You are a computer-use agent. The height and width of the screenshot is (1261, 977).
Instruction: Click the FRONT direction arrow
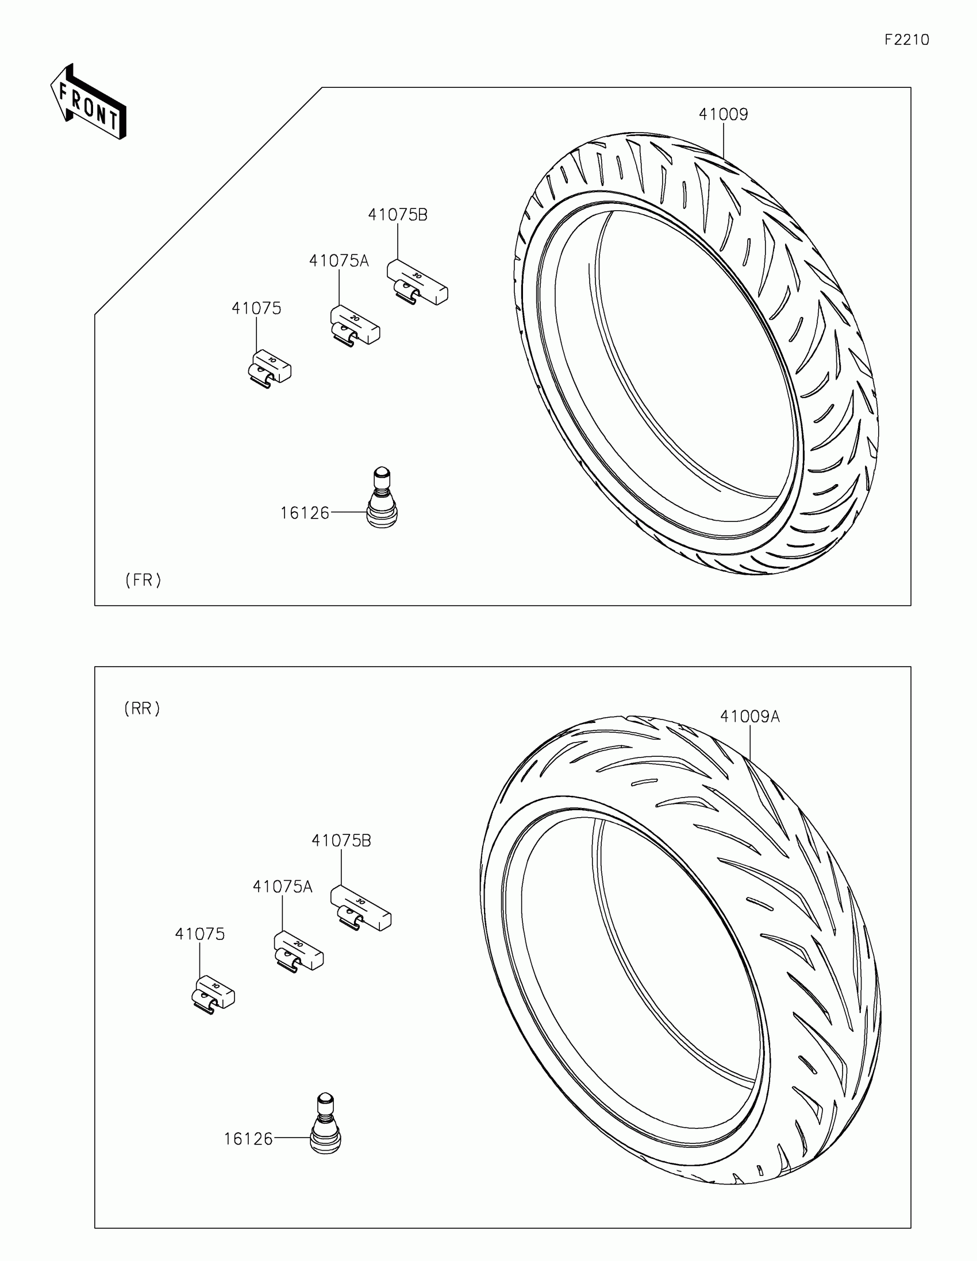point(89,102)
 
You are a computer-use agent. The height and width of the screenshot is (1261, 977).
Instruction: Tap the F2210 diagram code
point(906,40)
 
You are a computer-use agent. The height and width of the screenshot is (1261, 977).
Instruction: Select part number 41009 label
point(723,114)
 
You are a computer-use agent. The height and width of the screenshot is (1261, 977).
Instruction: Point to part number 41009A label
point(749,717)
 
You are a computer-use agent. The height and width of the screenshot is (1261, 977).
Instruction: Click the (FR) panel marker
point(143,580)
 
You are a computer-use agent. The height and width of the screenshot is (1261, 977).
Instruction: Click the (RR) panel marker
point(142,709)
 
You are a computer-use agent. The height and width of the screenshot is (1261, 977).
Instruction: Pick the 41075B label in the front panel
point(398,215)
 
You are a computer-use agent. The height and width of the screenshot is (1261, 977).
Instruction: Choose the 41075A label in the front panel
point(339,261)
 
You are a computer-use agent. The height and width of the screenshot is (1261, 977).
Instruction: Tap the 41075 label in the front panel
point(256,308)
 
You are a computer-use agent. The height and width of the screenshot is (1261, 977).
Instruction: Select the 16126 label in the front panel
point(305,513)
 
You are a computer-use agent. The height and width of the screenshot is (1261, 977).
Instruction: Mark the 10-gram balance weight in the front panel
point(269,369)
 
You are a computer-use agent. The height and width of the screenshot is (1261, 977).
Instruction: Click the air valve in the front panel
point(382,498)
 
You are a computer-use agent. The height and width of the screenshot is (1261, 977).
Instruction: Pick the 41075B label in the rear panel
point(341,841)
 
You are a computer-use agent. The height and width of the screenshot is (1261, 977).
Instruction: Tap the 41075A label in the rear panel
point(282,887)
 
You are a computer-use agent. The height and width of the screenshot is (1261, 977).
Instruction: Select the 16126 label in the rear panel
point(248,1139)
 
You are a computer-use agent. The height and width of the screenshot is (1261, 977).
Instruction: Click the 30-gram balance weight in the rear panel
point(360,907)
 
